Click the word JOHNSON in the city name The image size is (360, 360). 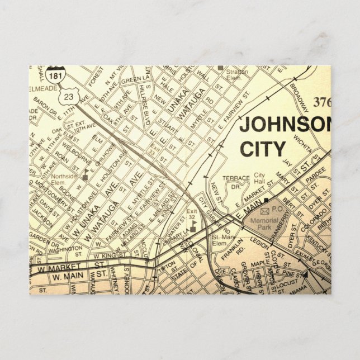285,125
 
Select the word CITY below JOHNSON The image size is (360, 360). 262,149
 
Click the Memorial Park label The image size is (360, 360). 263,223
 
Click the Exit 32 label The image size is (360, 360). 192,215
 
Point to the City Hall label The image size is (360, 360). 259,178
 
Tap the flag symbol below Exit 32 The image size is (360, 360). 193,226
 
